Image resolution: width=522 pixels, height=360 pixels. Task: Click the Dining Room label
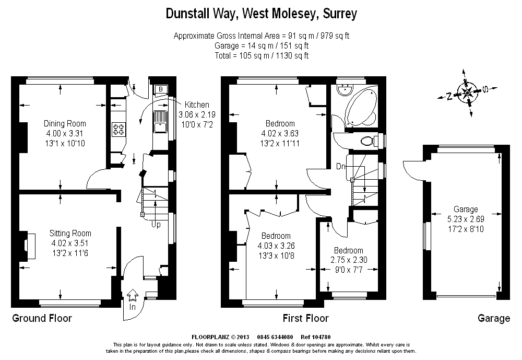click(65, 124)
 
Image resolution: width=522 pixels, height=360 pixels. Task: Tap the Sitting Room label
click(70, 233)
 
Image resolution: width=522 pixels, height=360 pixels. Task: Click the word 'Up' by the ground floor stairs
click(156, 225)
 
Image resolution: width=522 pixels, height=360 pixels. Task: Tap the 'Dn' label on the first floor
click(340, 166)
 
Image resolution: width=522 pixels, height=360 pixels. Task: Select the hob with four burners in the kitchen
click(118, 129)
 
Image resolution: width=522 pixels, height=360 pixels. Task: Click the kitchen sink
click(159, 121)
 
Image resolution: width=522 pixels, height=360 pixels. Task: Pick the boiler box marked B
click(160, 89)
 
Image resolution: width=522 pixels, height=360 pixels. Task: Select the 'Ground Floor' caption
click(42, 318)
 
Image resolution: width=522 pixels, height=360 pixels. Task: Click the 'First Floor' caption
click(305, 318)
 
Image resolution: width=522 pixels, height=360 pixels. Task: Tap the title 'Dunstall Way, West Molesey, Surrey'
click(261, 14)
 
